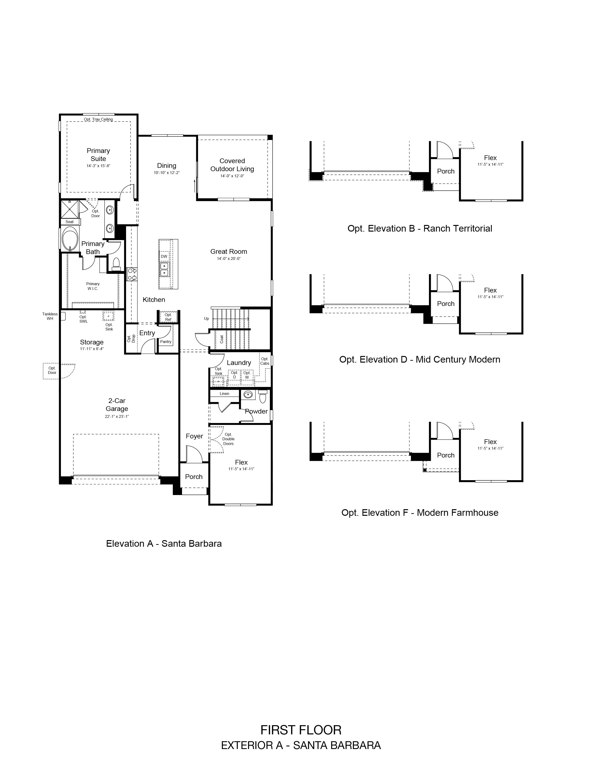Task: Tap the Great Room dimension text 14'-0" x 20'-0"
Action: pos(229,258)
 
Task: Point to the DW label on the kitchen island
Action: pos(164,256)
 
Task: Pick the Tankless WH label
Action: pos(50,316)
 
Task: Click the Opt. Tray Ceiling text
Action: pos(98,119)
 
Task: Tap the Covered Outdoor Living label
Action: pos(232,165)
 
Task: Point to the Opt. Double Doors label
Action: pos(228,439)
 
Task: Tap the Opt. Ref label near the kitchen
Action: pos(168,317)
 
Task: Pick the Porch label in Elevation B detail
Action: pos(446,171)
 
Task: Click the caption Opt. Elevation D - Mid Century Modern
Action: pos(420,360)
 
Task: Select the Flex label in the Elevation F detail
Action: pos(490,442)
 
